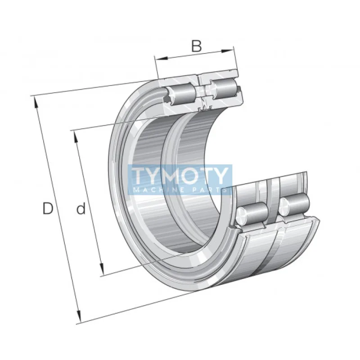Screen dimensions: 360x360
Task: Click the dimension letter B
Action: pos(196,46)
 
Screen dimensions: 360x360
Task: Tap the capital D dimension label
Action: pos(48,208)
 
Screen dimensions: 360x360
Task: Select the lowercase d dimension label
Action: pos(81,209)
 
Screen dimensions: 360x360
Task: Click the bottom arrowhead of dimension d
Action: pos(103,272)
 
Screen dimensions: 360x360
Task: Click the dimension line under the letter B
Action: pos(196,54)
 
